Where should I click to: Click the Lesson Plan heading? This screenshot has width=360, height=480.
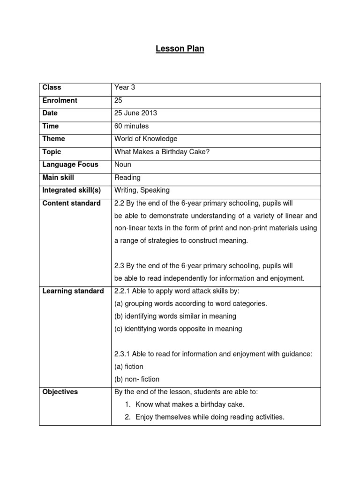click(x=180, y=49)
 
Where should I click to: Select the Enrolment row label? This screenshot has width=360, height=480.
click(x=60, y=100)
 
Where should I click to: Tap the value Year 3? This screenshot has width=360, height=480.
click(x=125, y=87)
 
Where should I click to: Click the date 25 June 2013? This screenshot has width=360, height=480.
click(x=136, y=113)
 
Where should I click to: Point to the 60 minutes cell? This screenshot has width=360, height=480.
click(x=132, y=126)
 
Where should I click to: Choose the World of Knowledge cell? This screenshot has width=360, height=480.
click(x=146, y=139)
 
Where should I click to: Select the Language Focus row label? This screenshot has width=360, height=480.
click(x=70, y=165)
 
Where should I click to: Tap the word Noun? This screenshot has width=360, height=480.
click(x=123, y=165)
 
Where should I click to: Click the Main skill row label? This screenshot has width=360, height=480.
click(x=58, y=178)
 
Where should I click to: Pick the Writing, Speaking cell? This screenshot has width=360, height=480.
click(x=142, y=190)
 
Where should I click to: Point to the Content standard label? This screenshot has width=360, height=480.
click(x=71, y=203)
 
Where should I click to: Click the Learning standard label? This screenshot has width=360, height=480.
click(x=73, y=291)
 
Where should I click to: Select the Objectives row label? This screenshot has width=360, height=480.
click(x=60, y=392)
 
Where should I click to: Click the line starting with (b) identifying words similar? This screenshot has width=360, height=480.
click(x=175, y=316)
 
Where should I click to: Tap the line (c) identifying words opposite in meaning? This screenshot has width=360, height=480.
click(x=178, y=329)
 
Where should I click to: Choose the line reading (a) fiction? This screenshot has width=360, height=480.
click(x=129, y=367)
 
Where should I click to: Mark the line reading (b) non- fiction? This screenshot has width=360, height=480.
click(x=137, y=379)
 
